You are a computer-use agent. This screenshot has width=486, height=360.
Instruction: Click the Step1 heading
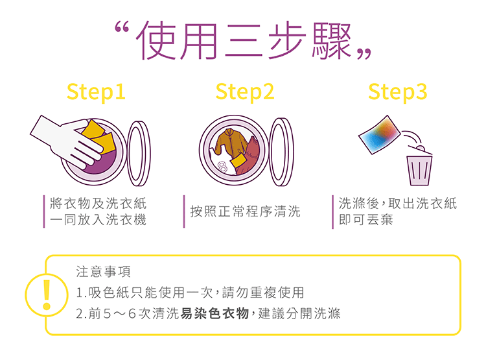coord(96,92)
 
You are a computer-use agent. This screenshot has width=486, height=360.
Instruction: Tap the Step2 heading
coord(245,92)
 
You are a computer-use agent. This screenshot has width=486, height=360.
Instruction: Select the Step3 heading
coord(398,92)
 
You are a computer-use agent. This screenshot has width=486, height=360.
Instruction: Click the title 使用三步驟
coord(243,40)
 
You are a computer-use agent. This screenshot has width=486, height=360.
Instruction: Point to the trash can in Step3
coord(419,167)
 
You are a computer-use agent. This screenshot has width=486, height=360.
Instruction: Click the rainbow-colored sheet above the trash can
coord(380,135)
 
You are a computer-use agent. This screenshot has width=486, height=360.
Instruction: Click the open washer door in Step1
coord(139,153)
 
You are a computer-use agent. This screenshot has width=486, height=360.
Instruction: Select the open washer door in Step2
coord(281,152)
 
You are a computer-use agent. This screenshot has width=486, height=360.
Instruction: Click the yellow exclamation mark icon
coord(47,295)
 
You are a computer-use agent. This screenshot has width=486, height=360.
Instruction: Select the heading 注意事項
coord(103,271)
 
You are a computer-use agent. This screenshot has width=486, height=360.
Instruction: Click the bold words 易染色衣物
coord(214,313)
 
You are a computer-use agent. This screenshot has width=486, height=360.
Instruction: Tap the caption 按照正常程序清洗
coord(245,211)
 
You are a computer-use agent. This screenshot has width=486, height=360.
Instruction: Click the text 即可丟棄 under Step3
coord(365,220)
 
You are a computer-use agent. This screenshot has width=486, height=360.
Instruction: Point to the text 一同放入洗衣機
coord(98,220)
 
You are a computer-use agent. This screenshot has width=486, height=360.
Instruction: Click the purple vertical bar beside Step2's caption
coord(184,211)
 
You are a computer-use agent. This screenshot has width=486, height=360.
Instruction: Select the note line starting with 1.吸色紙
coord(190,293)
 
